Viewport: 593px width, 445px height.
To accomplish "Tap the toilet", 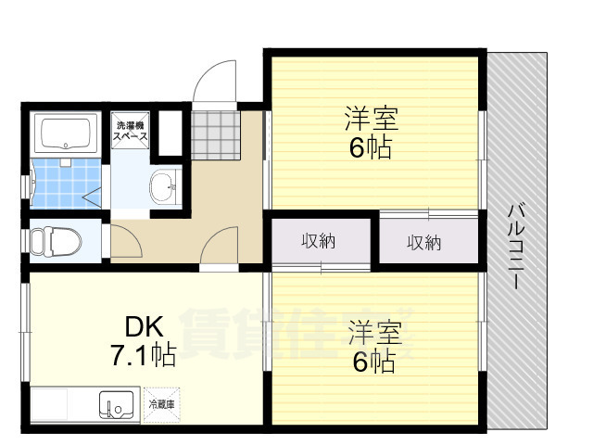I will pos(55,242).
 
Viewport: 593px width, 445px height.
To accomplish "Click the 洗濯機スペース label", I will pos(131,131).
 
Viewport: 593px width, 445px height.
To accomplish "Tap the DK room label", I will pos(145,327).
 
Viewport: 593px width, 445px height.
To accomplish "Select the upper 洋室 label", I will pos(371,119).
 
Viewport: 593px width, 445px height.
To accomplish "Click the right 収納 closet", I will pos(424,243).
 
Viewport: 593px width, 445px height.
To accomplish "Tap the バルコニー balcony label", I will pos(515,246).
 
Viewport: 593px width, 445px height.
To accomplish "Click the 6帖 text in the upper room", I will pos(370,146).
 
